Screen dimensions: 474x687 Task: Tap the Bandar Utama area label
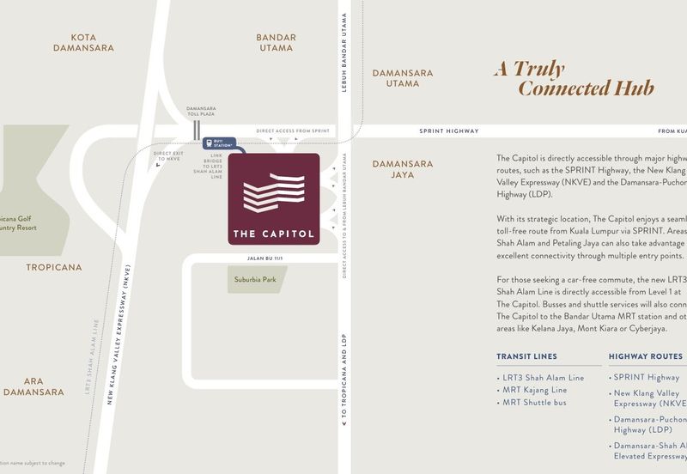pos(277,43)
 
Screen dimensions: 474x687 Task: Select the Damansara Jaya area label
pos(402,169)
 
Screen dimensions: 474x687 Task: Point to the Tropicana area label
pos(54,267)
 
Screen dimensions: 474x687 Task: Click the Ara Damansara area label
pos(33,386)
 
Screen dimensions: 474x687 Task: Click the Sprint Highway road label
pos(448,131)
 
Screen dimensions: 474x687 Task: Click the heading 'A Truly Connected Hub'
pos(573,78)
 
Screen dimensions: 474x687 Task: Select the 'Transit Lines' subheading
pos(526,356)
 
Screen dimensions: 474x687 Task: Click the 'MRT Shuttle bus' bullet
pos(534,402)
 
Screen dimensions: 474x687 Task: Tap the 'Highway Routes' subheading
pos(646,356)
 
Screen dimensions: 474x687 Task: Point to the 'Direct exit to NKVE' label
pos(167,155)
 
